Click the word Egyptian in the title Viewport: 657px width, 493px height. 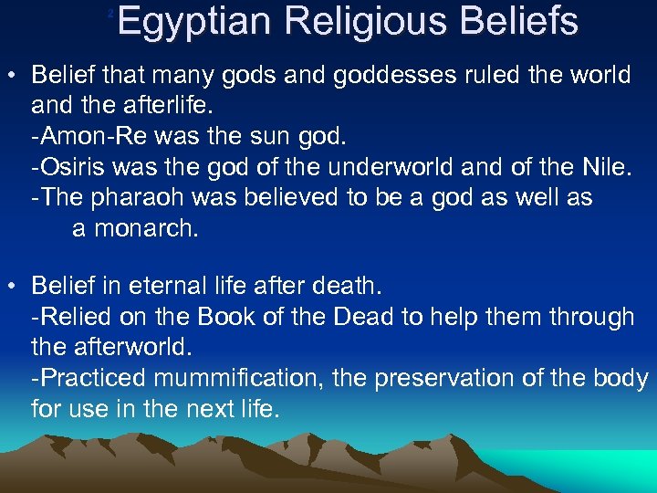tap(193, 21)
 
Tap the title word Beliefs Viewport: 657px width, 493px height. tap(523, 21)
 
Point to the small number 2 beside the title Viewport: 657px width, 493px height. tap(110, 13)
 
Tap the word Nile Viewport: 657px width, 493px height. tap(603, 167)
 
